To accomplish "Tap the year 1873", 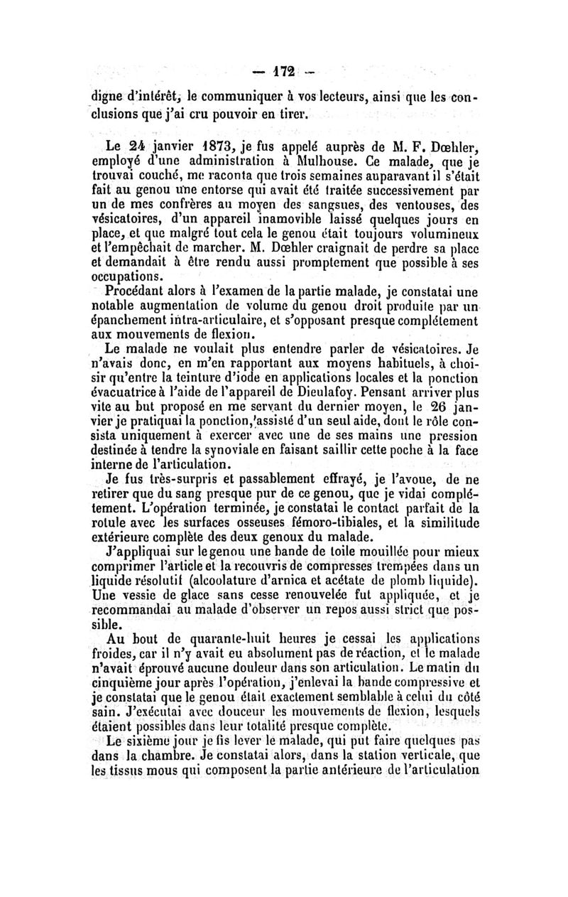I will (x=192, y=149).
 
